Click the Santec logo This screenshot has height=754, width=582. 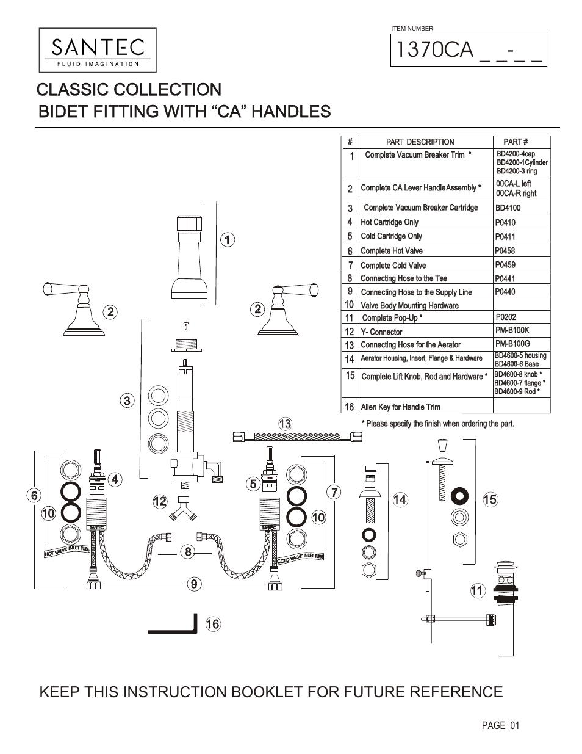(98, 50)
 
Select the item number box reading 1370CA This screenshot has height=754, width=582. (469, 50)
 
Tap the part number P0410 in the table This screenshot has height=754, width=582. (505, 223)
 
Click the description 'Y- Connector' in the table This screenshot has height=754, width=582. (381, 332)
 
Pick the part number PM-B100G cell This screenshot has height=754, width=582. (512, 344)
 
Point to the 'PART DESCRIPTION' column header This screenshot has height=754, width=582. (420, 142)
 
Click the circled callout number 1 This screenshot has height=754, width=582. (227, 240)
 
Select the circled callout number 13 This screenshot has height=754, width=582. (285, 423)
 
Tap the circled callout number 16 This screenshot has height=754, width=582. (212, 624)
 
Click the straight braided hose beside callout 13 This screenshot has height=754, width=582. (298, 437)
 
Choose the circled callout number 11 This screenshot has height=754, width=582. (477, 590)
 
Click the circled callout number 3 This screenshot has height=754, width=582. (127, 401)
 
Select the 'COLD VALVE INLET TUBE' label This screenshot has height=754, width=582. (300, 557)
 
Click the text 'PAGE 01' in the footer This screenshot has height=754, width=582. (500, 725)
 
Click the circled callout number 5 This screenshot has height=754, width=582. (253, 484)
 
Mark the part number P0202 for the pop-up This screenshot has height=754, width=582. (506, 317)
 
